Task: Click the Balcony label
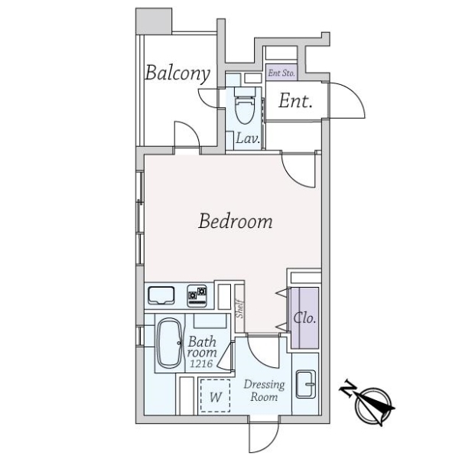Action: pyautogui.click(x=177, y=73)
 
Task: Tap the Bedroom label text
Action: pyautogui.click(x=236, y=221)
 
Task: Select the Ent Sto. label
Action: pyautogui.click(x=282, y=73)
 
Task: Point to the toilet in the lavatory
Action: pyautogui.click(x=245, y=106)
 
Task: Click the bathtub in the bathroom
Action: pyautogui.click(x=169, y=343)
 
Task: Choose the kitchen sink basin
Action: pyautogui.click(x=161, y=295)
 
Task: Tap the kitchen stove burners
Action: pyautogui.click(x=197, y=295)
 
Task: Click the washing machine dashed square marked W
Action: pyautogui.click(x=215, y=396)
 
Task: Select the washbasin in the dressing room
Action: pyautogui.click(x=305, y=384)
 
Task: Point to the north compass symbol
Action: pyautogui.click(x=369, y=405)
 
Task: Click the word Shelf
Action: pyautogui.click(x=239, y=309)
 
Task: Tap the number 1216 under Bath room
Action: pyautogui.click(x=201, y=363)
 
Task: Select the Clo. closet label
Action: pyautogui.click(x=304, y=318)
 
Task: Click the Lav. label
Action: pyautogui.click(x=248, y=138)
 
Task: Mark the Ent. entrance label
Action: pyautogui.click(x=295, y=101)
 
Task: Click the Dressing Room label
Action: pyautogui.click(x=264, y=391)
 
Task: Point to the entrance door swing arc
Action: pyautogui.click(x=356, y=95)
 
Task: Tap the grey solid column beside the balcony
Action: pyautogui.click(x=154, y=21)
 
